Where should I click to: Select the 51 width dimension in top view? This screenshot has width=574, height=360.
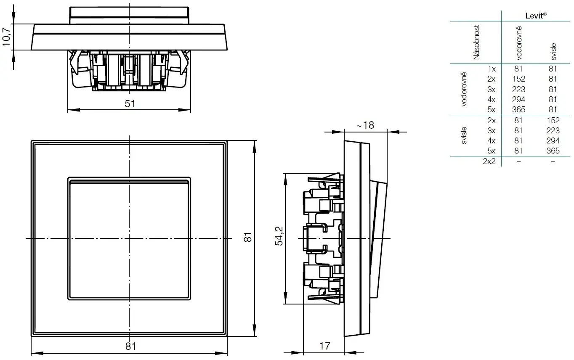(130, 104)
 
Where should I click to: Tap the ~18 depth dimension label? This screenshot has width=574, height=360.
(365, 125)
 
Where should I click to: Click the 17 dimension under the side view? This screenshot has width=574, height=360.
(324, 346)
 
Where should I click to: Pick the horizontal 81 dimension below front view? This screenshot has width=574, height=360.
(131, 346)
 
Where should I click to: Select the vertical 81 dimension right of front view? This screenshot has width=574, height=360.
(248, 238)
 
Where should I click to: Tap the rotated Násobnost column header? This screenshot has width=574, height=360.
(476, 42)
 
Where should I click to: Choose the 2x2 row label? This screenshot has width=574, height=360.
(489, 161)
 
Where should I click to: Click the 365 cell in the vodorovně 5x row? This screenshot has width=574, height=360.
(518, 110)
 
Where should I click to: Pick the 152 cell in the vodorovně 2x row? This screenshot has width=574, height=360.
(518, 79)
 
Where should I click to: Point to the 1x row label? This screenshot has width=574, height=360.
(492, 69)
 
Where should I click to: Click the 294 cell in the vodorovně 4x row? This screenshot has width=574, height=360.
(518, 100)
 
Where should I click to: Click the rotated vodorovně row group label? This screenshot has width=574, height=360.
(465, 89)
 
